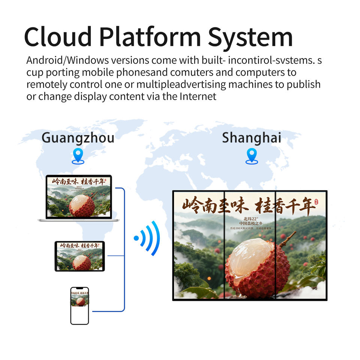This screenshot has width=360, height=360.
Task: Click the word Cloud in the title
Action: (x=58, y=37)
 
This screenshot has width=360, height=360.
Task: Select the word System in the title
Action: (x=250, y=37)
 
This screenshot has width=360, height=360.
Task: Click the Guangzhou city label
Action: (x=78, y=138)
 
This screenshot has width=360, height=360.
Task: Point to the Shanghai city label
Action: (x=251, y=138)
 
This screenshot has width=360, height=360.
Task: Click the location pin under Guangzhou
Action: (x=78, y=155)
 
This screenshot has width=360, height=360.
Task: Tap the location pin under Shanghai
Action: (x=252, y=155)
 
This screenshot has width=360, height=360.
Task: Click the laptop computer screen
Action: (x=79, y=197)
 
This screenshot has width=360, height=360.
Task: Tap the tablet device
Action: (x=79, y=256)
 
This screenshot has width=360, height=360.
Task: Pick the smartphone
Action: (x=80, y=306)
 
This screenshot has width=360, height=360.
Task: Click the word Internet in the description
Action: (x=198, y=96)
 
